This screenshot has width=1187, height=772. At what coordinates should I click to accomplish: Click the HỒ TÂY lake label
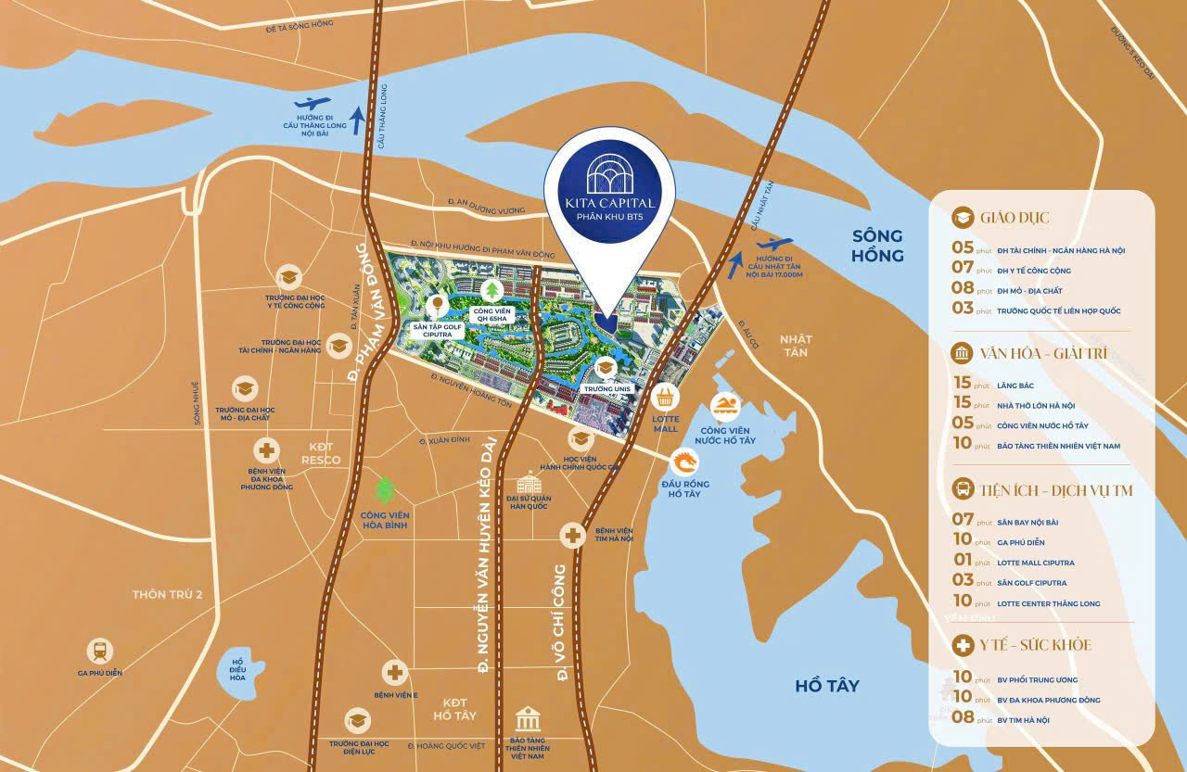(827, 686)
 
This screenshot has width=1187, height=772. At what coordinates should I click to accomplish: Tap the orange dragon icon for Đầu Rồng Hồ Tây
(685, 462)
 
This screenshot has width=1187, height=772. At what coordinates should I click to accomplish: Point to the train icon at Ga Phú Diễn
(100, 651)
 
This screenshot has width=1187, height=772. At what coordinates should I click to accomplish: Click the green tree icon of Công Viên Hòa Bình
(384, 489)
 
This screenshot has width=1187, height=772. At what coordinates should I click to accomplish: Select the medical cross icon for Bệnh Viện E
(396, 672)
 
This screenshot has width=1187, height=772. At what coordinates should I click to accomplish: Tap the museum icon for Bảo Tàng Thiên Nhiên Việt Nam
(528, 719)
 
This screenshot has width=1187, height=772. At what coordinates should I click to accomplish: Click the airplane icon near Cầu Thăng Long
(312, 105)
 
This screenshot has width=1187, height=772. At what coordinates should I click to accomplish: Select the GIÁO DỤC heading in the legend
(1016, 218)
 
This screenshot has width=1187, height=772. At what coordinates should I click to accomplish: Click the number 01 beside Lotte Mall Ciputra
(962, 560)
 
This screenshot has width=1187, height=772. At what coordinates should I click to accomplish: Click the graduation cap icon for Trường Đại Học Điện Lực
(357, 720)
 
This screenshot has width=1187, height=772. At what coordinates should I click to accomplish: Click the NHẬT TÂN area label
(794, 346)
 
